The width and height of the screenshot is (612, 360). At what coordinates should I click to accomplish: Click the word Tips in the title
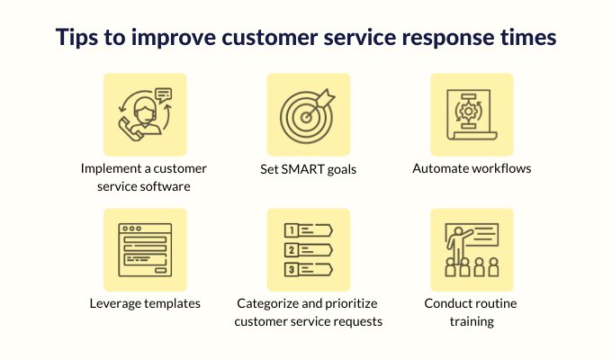tap(76, 38)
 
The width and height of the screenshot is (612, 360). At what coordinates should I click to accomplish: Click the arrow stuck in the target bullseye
tap(319, 103)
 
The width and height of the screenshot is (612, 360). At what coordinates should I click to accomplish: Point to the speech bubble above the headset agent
tap(163, 94)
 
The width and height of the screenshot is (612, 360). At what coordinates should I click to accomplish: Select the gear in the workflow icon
tap(468, 112)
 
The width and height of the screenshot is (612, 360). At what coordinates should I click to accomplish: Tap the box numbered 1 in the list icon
tap(292, 230)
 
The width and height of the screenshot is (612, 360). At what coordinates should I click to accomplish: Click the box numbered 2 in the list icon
tap(292, 250)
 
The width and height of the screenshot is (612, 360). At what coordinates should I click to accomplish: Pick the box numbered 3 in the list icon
tap(292, 269)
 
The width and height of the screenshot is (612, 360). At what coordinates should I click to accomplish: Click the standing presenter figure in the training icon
tap(457, 245)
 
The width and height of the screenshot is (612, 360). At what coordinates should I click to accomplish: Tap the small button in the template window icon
tap(161, 270)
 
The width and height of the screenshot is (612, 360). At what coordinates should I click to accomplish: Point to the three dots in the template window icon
tap(131, 229)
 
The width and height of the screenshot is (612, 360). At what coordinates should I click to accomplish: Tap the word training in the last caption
tap(472, 321)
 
